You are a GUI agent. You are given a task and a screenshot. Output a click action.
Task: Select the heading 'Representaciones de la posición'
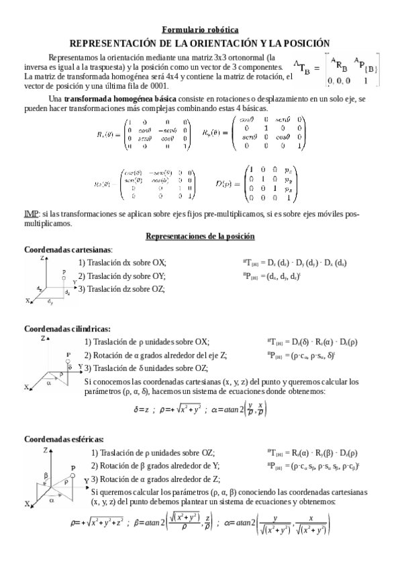[x=200, y=237]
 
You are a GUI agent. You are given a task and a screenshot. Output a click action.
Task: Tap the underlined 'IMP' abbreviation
[x=31, y=214]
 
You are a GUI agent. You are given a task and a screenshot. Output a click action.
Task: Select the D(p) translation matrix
[x=268, y=183]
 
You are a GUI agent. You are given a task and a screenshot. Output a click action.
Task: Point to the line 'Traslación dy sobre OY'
[x=121, y=276]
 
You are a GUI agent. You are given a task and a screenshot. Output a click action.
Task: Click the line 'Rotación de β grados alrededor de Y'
[x=155, y=466]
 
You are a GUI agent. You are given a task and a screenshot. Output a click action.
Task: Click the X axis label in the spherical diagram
[x=28, y=503]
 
